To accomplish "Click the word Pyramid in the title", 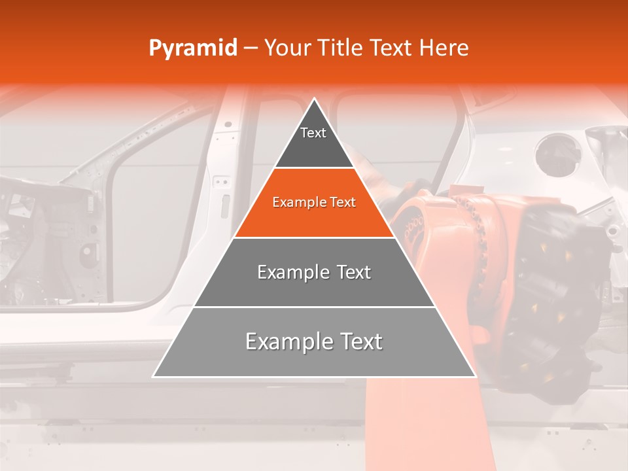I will pos(192,48).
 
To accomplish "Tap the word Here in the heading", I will pos(444,48).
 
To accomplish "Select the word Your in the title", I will pos(287,48).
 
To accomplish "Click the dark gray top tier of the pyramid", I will pos(314,144).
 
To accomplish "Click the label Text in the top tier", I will pos(313,133).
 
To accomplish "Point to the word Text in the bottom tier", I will pos(358,341).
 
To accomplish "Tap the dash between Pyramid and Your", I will pos(250,48).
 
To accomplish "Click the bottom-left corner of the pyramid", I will pos(154,376).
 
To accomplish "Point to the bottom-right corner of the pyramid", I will pos(475,376).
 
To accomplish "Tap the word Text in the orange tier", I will pos(343,202).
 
